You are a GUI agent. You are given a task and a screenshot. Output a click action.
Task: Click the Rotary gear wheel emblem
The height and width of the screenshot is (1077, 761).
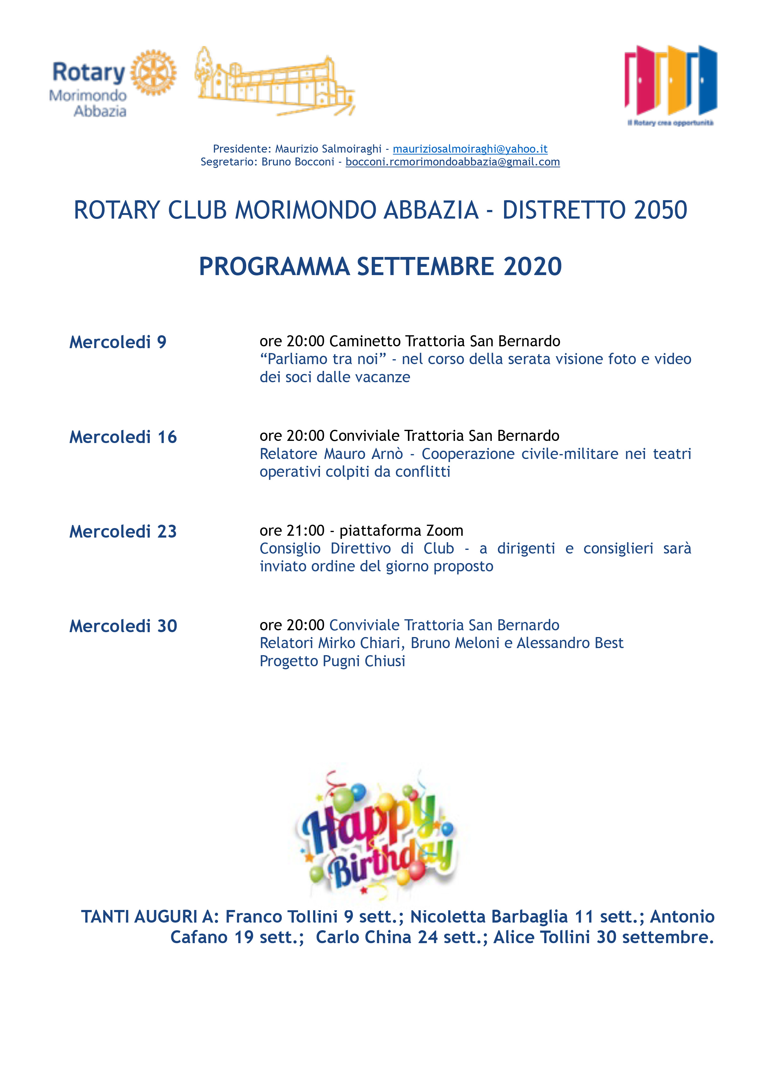click(x=153, y=73)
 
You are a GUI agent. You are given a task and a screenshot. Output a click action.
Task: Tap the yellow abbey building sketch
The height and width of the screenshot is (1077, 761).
click(x=274, y=82)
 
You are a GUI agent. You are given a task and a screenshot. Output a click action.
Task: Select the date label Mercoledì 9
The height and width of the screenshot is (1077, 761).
click(x=118, y=342)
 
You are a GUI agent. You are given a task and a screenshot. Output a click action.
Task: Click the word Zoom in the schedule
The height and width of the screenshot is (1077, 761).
click(x=445, y=531)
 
